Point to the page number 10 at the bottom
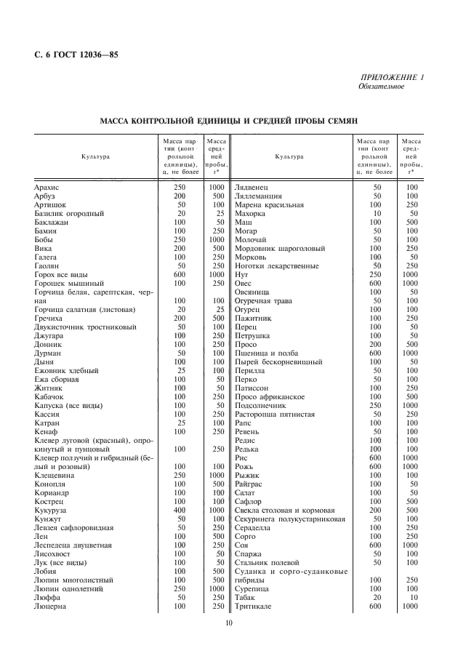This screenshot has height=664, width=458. (228, 623)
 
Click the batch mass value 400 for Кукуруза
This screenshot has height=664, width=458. (180, 510)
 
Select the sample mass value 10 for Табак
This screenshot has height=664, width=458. (412, 597)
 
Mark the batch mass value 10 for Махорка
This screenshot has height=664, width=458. (377, 214)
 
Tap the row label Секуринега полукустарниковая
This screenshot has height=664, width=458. (289, 519)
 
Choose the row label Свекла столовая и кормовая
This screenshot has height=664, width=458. (285, 510)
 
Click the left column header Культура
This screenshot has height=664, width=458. (95, 156)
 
